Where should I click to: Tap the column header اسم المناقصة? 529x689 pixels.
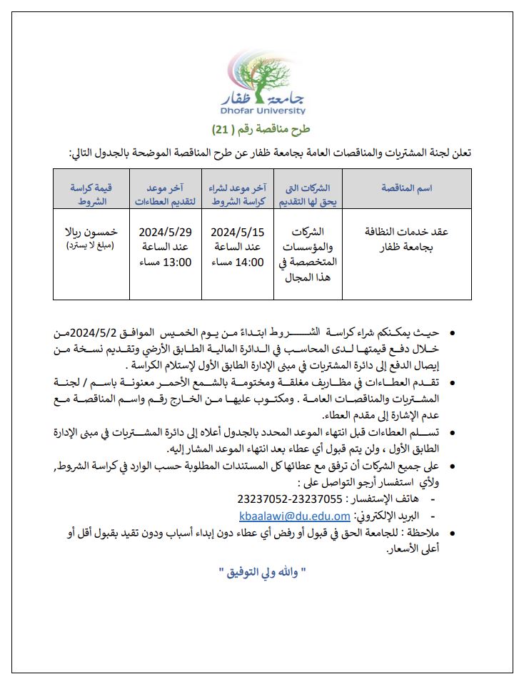(408, 188)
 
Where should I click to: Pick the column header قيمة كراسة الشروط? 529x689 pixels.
(91, 194)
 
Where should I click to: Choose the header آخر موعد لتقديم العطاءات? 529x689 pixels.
(162, 194)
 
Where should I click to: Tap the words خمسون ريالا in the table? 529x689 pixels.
(91, 232)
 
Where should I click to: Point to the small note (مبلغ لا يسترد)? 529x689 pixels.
(91, 246)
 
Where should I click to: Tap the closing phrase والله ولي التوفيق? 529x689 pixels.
(264, 572)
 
